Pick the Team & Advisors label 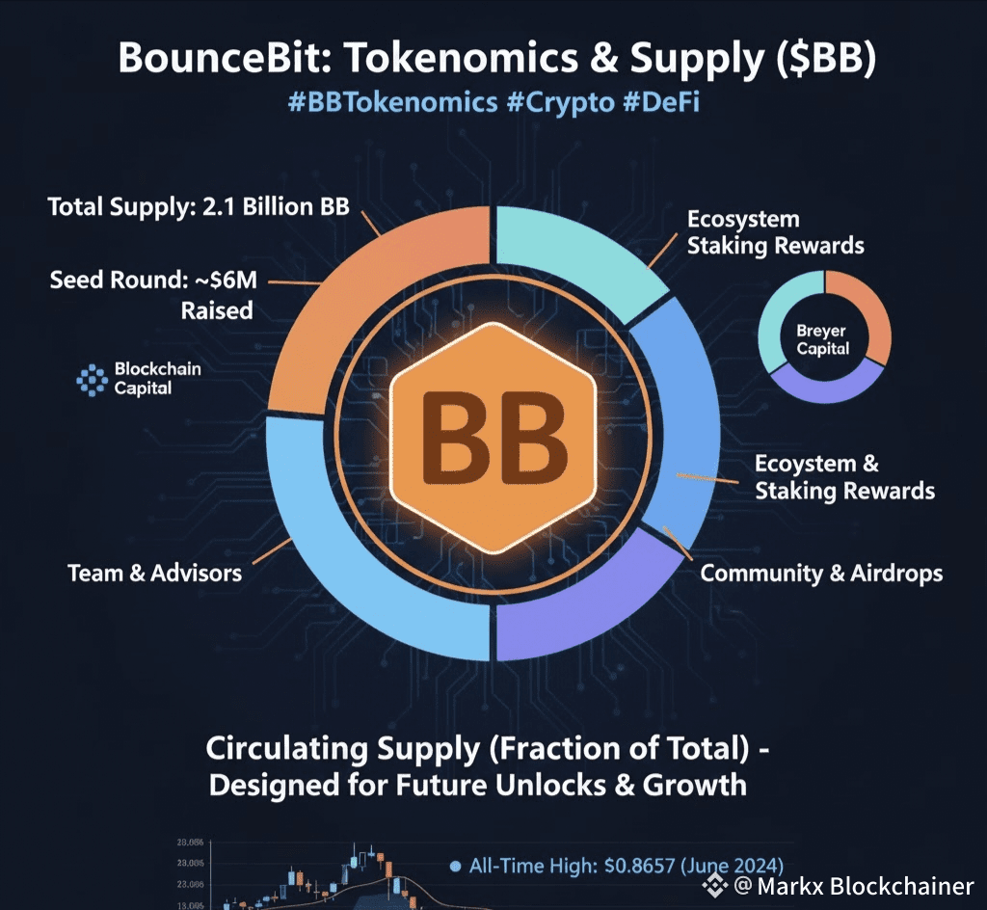[x=154, y=574]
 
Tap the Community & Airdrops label [x=821, y=574]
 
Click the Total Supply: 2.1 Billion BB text [x=198, y=206]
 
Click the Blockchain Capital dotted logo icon [x=92, y=381]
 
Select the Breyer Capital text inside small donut [x=822, y=339]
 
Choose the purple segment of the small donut [x=824, y=386]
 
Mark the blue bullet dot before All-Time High [x=455, y=867]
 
